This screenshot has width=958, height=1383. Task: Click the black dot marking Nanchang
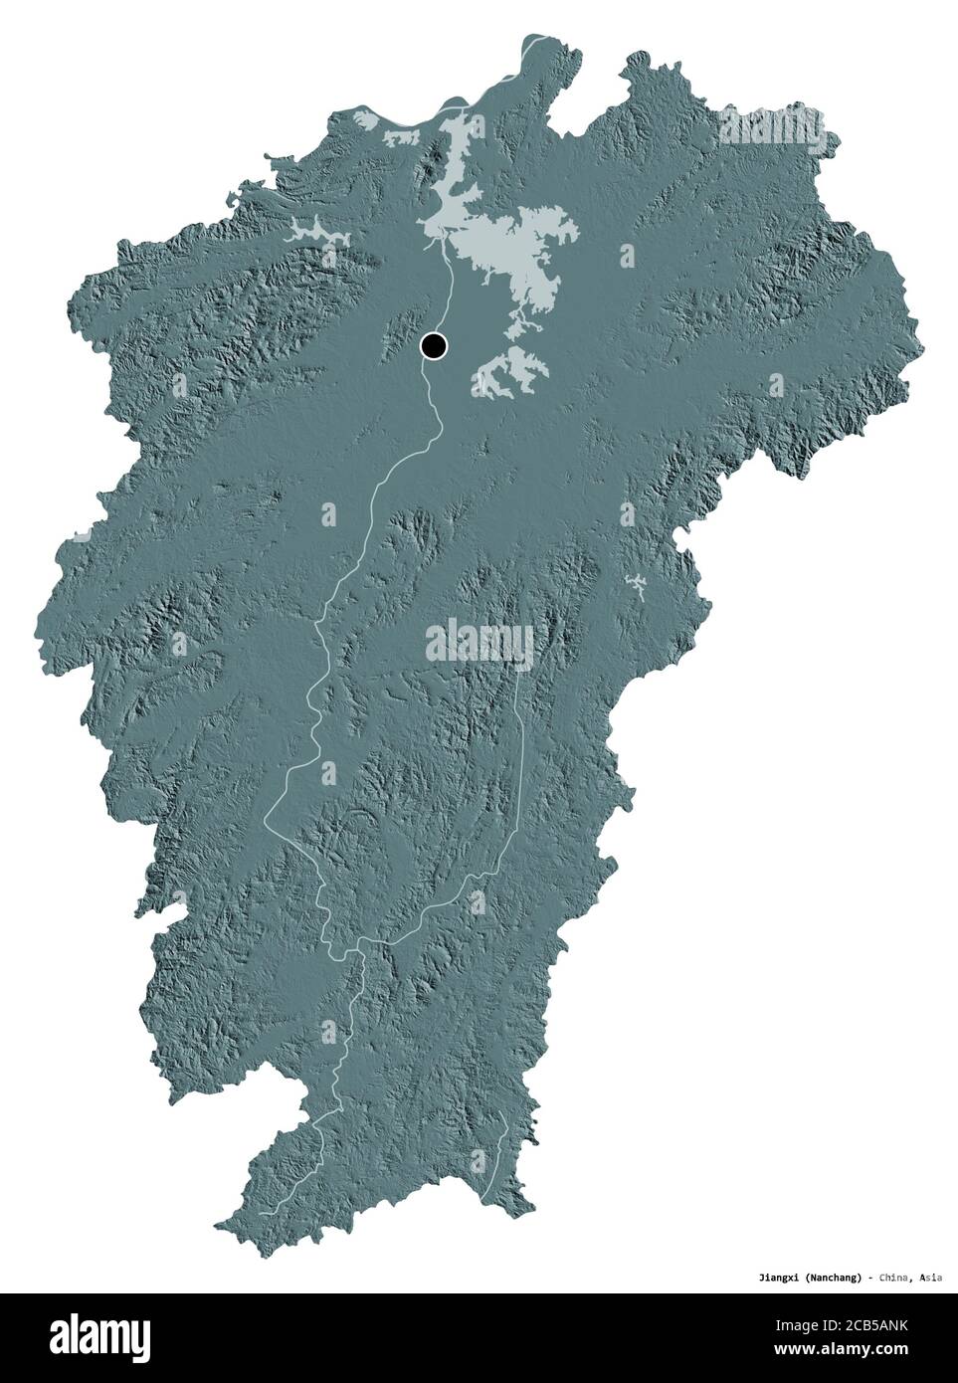click(x=434, y=346)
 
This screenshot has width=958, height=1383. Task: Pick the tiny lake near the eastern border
click(x=633, y=587)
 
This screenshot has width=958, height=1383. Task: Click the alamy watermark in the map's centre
click(x=479, y=637)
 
